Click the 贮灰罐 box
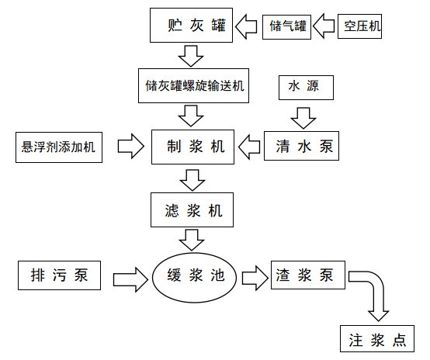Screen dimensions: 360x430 (190, 27)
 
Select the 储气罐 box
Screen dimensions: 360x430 (286, 27)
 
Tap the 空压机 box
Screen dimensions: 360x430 (361, 27)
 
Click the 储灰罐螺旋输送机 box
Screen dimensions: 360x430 (190, 87)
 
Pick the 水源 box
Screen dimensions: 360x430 (304, 87)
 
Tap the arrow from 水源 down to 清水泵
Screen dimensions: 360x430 (303, 116)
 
